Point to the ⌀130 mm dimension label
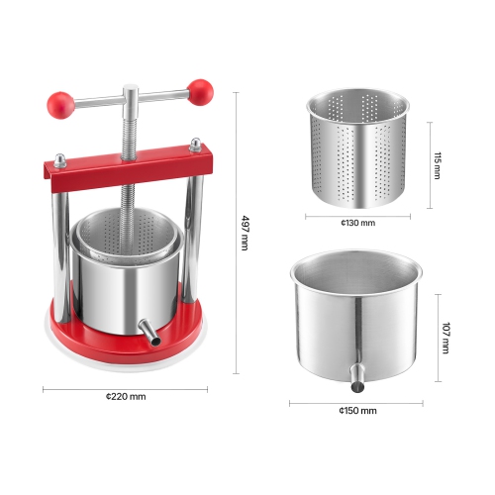(x=357, y=224)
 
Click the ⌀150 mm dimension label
(x=356, y=410)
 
